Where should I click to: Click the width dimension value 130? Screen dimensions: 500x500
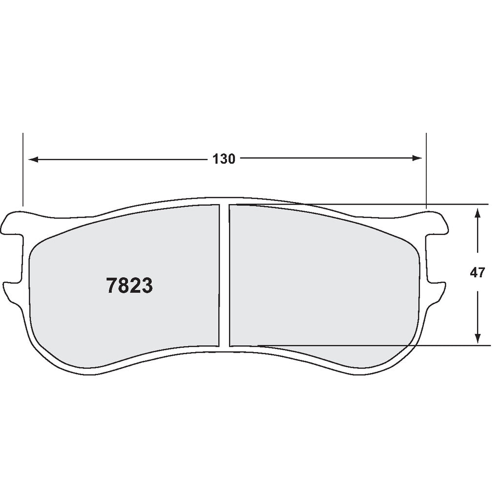224,159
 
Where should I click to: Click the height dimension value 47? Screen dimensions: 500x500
478,273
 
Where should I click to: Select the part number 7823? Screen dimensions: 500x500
129,286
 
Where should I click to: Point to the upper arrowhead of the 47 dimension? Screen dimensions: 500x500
478,212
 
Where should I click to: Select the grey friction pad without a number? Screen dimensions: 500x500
322,283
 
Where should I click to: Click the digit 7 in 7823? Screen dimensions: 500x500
112,286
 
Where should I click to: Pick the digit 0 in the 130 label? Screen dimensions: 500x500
231,159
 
